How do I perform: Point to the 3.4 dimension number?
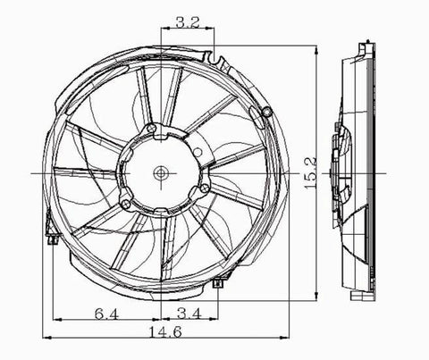pyautogui.click(x=189, y=313)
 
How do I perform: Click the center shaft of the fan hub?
pyautogui.click(x=162, y=172)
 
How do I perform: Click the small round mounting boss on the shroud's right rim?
pyautogui.click(x=267, y=111)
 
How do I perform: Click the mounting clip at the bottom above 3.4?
pyautogui.click(x=218, y=284)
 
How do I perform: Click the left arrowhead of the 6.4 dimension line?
pyautogui.click(x=52, y=321)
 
